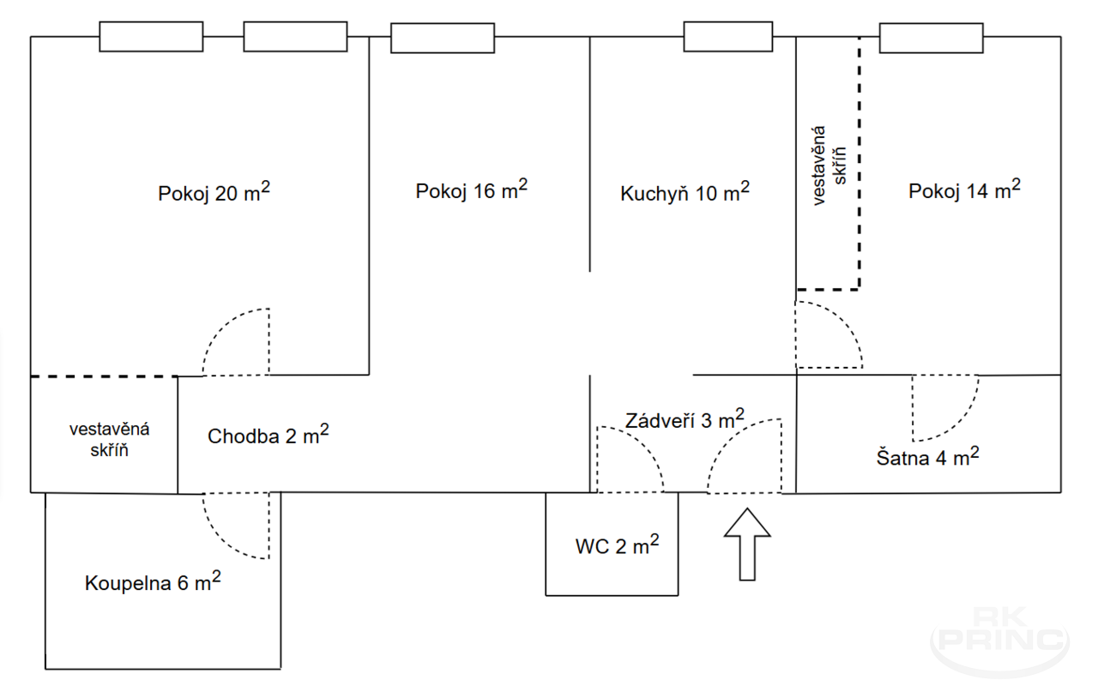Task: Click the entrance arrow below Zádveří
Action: [x=747, y=545]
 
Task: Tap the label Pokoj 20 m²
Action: [x=214, y=192]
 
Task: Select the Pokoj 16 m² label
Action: [x=472, y=190]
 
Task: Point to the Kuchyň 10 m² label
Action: [x=685, y=192]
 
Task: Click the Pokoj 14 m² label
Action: [x=964, y=190]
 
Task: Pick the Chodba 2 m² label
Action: [x=268, y=435]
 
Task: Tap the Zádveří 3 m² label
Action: [x=685, y=419]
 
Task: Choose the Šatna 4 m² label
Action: [x=927, y=457]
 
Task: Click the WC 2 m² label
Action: [x=617, y=545]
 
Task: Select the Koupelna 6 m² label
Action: [x=153, y=582]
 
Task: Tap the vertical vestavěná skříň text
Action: [x=829, y=165]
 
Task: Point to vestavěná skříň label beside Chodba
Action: [x=109, y=439]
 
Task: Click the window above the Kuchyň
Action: [x=728, y=37]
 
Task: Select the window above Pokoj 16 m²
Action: [x=442, y=38]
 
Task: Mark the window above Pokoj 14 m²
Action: [x=931, y=38]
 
